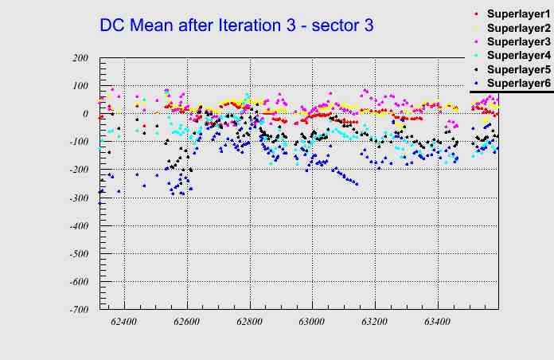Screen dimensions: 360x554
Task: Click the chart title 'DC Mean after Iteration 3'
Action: point(236,25)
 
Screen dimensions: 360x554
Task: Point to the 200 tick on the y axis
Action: point(79,58)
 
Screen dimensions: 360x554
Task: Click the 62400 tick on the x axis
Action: point(124,322)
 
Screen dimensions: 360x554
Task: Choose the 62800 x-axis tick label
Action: point(249,322)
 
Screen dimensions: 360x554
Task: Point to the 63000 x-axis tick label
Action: point(312,322)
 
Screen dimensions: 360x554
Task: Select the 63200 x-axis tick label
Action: point(375,322)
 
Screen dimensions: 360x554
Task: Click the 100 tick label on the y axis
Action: point(79,86)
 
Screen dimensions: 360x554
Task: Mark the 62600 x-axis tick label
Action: point(187,322)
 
